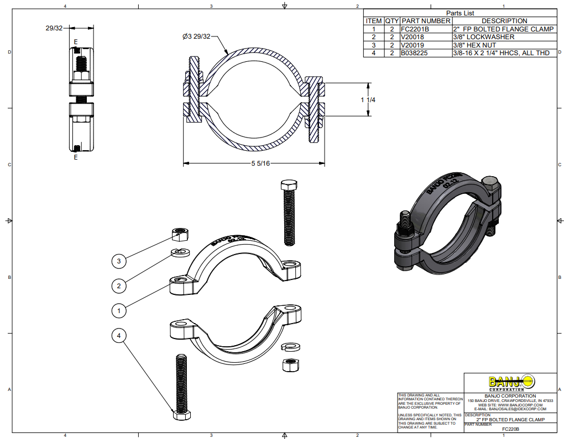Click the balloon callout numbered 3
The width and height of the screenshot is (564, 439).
(x=119, y=260)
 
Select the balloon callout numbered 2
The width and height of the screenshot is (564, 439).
(x=119, y=285)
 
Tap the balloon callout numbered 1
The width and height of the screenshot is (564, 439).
(x=119, y=311)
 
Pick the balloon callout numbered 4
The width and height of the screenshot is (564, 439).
(x=119, y=335)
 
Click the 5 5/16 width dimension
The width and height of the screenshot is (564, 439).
(x=260, y=163)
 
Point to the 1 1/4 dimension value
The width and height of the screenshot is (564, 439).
(x=369, y=100)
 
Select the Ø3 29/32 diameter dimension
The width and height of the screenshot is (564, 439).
(x=196, y=36)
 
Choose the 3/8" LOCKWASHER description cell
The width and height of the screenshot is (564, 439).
(x=483, y=37)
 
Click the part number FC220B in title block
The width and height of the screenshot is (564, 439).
(x=510, y=429)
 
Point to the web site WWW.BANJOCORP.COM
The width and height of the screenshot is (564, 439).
(x=510, y=405)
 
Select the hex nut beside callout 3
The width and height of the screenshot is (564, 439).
(x=179, y=235)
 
